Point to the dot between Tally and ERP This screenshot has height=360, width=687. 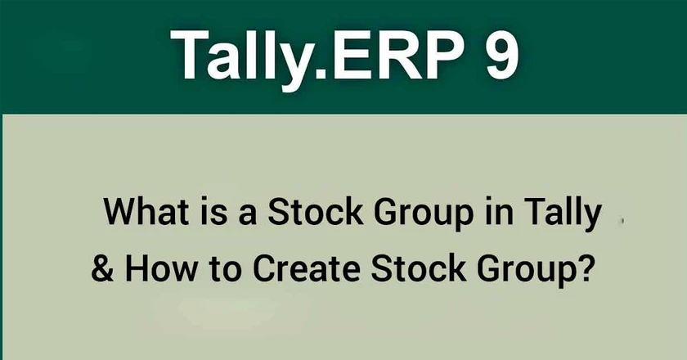321,74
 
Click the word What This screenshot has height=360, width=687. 146,212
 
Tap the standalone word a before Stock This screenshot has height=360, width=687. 248,216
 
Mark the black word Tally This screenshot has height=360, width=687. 562,215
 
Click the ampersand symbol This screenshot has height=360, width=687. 102,268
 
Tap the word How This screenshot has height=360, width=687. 161,268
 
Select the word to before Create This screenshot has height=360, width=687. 225,270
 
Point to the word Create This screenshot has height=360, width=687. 307,268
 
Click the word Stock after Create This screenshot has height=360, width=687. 419,268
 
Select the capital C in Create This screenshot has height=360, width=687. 266,268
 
